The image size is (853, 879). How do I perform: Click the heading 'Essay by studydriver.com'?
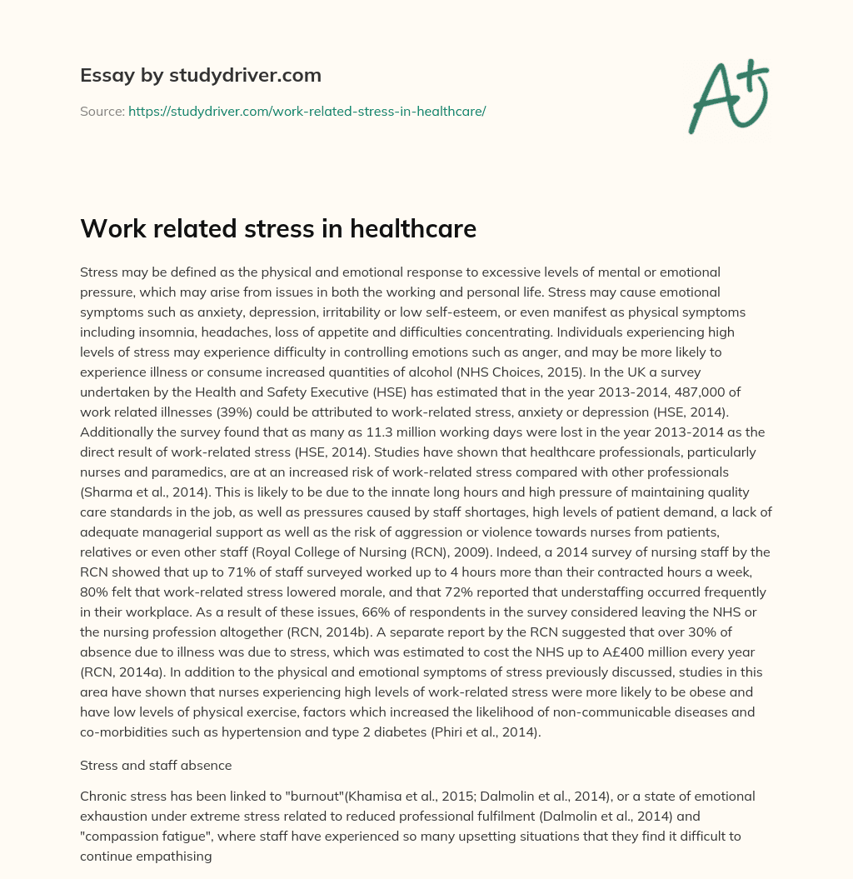[x=200, y=75]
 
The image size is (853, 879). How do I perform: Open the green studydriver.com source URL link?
[x=307, y=111]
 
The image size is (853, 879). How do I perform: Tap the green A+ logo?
[x=728, y=95]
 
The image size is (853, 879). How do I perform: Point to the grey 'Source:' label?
[x=102, y=111]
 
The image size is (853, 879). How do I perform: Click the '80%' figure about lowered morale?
[x=96, y=592]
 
